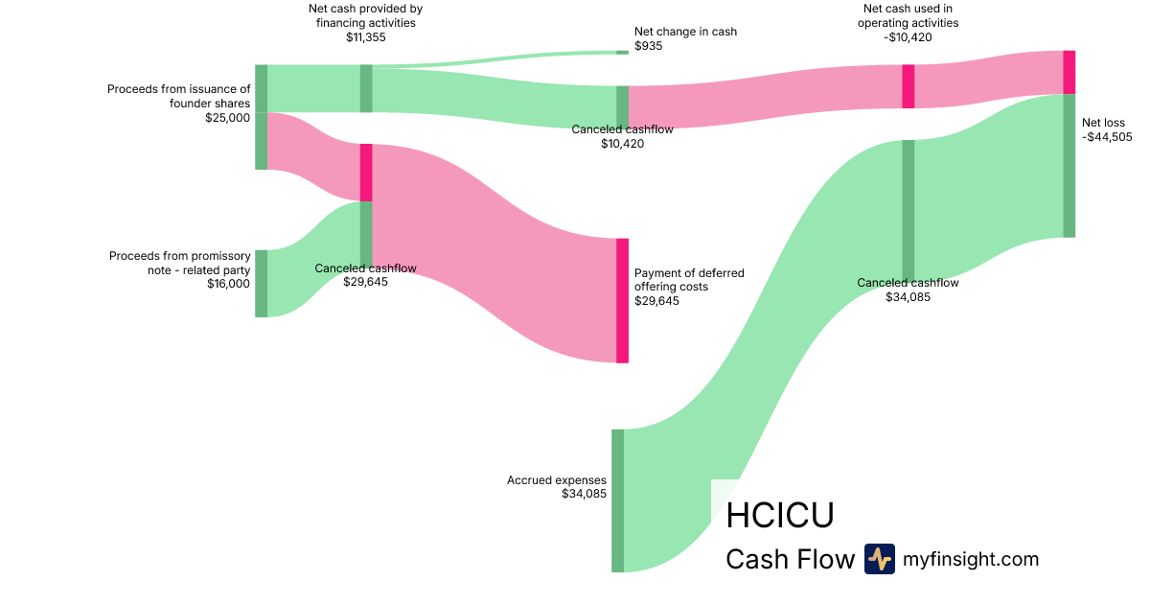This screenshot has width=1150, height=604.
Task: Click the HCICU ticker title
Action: (x=780, y=515)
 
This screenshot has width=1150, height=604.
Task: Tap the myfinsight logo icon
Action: (x=879, y=559)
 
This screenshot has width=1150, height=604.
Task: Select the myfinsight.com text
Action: (x=970, y=559)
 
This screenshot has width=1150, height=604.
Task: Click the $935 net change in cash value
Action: (x=648, y=46)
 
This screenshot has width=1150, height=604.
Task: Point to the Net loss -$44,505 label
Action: (x=1106, y=129)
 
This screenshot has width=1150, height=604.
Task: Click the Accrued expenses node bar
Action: (x=617, y=500)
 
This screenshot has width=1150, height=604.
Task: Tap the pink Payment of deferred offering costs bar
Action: (x=622, y=300)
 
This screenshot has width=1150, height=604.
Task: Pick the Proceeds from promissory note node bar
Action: (x=261, y=283)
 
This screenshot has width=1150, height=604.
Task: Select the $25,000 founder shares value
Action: (x=227, y=118)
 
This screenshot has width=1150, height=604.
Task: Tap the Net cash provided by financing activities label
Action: (x=365, y=16)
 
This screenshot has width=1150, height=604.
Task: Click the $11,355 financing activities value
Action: (x=365, y=37)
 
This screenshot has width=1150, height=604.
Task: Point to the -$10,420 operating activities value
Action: (x=908, y=37)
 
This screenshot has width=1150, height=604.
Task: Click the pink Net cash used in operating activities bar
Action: (x=908, y=86)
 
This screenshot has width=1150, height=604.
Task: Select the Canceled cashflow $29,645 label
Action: (x=365, y=275)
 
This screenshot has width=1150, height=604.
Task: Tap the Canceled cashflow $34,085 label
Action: (x=908, y=290)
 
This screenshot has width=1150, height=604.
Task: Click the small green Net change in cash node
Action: (x=622, y=52)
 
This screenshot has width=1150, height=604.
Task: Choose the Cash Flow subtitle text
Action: (x=790, y=559)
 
